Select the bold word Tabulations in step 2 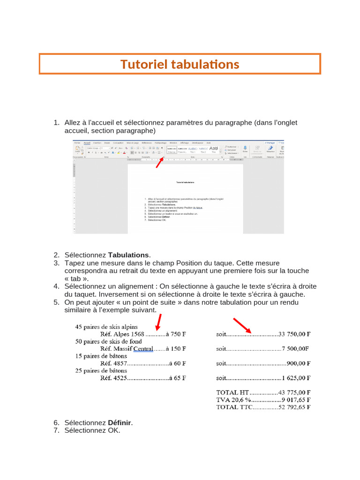(x=128, y=255)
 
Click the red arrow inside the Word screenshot (x=159, y=162)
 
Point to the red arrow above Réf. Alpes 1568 (x=158, y=322)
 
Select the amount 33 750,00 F (x=294, y=334)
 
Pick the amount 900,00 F (x=299, y=363)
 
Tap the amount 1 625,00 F (x=296, y=378)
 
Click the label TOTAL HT (x=233, y=392)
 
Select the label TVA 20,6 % (x=233, y=400)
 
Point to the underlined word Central (x=143, y=349)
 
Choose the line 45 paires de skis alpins (x=106, y=327)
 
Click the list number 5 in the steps (x=56, y=302)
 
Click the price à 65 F (x=177, y=378)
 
